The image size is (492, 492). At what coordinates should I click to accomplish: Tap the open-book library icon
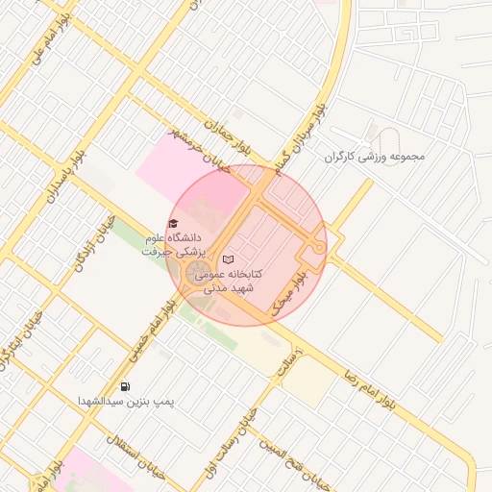pyautogui.click(x=228, y=258)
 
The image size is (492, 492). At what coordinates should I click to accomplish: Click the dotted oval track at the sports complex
pyautogui.click(x=388, y=135)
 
